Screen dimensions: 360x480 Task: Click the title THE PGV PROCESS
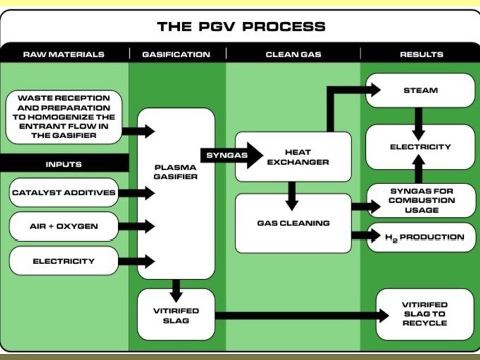241,27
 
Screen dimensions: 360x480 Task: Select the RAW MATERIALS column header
63,54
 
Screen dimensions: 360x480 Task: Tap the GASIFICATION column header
176,54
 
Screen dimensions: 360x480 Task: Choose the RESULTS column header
421,54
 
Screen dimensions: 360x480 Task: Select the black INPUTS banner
63,164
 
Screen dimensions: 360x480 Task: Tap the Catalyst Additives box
63,193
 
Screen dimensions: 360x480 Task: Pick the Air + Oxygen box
63,226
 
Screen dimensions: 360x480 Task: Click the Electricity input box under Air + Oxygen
63,261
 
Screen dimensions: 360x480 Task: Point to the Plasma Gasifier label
176,171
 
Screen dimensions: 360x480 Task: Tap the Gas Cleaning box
293,223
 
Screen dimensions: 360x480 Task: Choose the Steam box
421,90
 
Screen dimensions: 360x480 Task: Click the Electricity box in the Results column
421,147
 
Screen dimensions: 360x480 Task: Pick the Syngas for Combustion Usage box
421,200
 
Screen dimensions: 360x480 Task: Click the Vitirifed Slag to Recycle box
425,313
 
